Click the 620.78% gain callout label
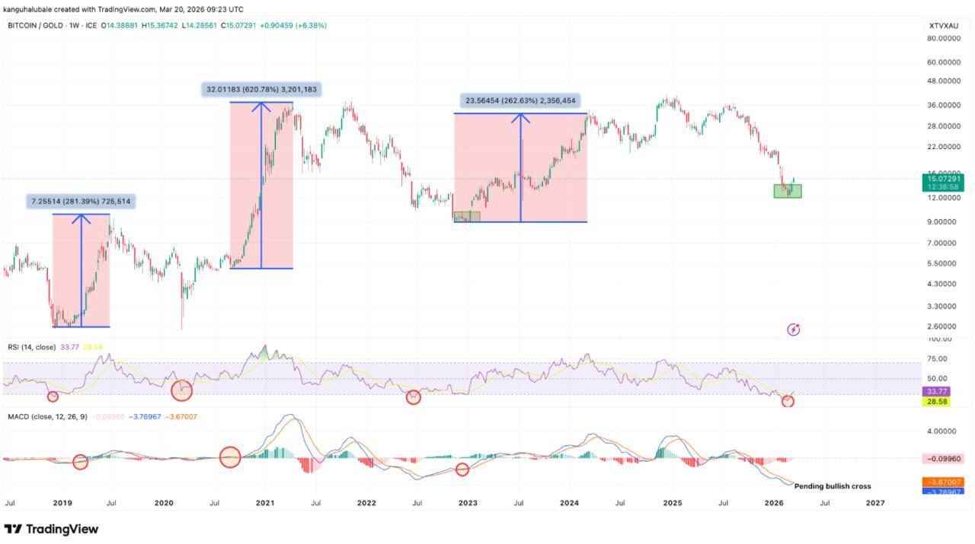(x=261, y=90)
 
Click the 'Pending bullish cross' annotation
(x=833, y=486)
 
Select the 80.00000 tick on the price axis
(x=943, y=38)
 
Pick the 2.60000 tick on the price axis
(x=943, y=326)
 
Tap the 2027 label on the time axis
(x=875, y=503)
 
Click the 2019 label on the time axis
(x=62, y=503)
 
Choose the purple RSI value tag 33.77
(x=935, y=391)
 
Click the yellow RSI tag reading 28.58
(x=935, y=401)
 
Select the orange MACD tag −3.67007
(x=945, y=482)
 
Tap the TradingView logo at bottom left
(x=52, y=529)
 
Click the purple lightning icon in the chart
(x=793, y=329)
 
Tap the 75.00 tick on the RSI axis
(x=938, y=359)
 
